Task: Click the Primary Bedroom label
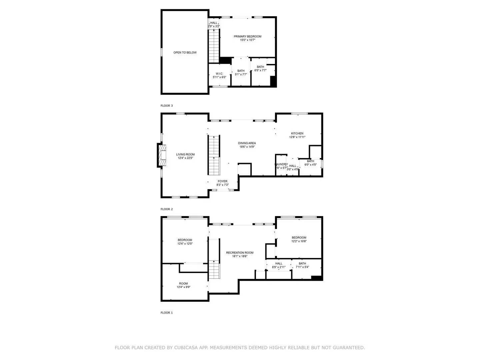(x=247, y=36)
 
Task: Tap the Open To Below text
(x=185, y=53)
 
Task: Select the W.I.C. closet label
(x=219, y=74)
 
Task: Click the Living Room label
(x=185, y=154)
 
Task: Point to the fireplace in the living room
(x=163, y=155)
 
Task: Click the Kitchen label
(x=297, y=133)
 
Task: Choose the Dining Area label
(x=247, y=143)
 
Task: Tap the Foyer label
(x=222, y=181)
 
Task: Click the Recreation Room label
(x=240, y=253)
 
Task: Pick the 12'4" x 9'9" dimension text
(x=183, y=287)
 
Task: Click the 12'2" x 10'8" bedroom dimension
(x=299, y=241)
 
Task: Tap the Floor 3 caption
(x=167, y=106)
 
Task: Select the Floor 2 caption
(x=167, y=209)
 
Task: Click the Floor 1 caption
(x=167, y=313)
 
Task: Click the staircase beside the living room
(x=214, y=155)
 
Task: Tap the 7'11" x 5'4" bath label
(x=302, y=267)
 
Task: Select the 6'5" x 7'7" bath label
(x=260, y=70)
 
